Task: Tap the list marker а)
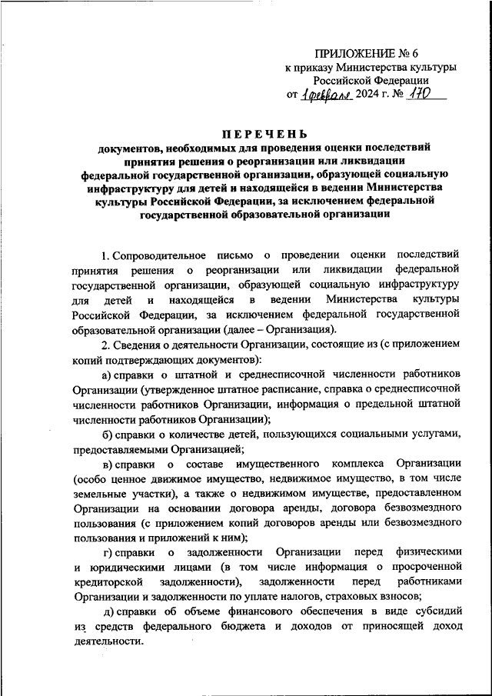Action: pyautogui.click(x=108, y=375)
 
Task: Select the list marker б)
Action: pyautogui.click(x=108, y=435)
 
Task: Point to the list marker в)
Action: pyautogui.click(x=108, y=465)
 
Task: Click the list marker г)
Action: pyautogui.click(x=108, y=551)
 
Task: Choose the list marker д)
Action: pyautogui.click(x=108, y=611)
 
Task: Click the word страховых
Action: pyautogui.click(x=356, y=596)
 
